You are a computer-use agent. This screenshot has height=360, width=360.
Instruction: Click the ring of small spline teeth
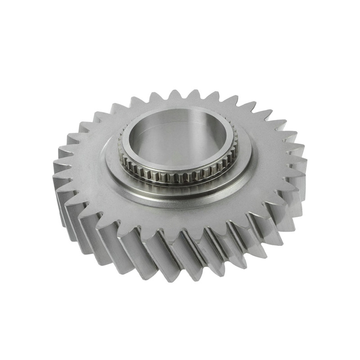coord(180,176)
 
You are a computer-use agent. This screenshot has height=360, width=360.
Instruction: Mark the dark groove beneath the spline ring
coord(180,183)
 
